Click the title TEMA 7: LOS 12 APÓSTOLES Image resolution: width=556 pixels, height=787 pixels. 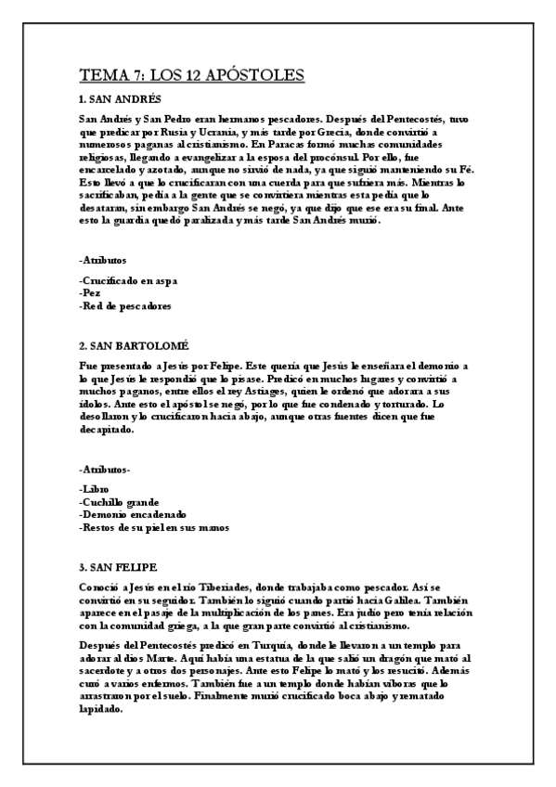click(x=192, y=75)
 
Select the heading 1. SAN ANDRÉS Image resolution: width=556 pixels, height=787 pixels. click(x=121, y=99)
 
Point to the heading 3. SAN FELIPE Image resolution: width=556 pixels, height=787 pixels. click(x=118, y=566)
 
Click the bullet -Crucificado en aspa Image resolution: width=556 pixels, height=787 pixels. click(x=128, y=280)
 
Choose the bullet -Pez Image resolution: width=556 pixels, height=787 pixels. click(x=91, y=292)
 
